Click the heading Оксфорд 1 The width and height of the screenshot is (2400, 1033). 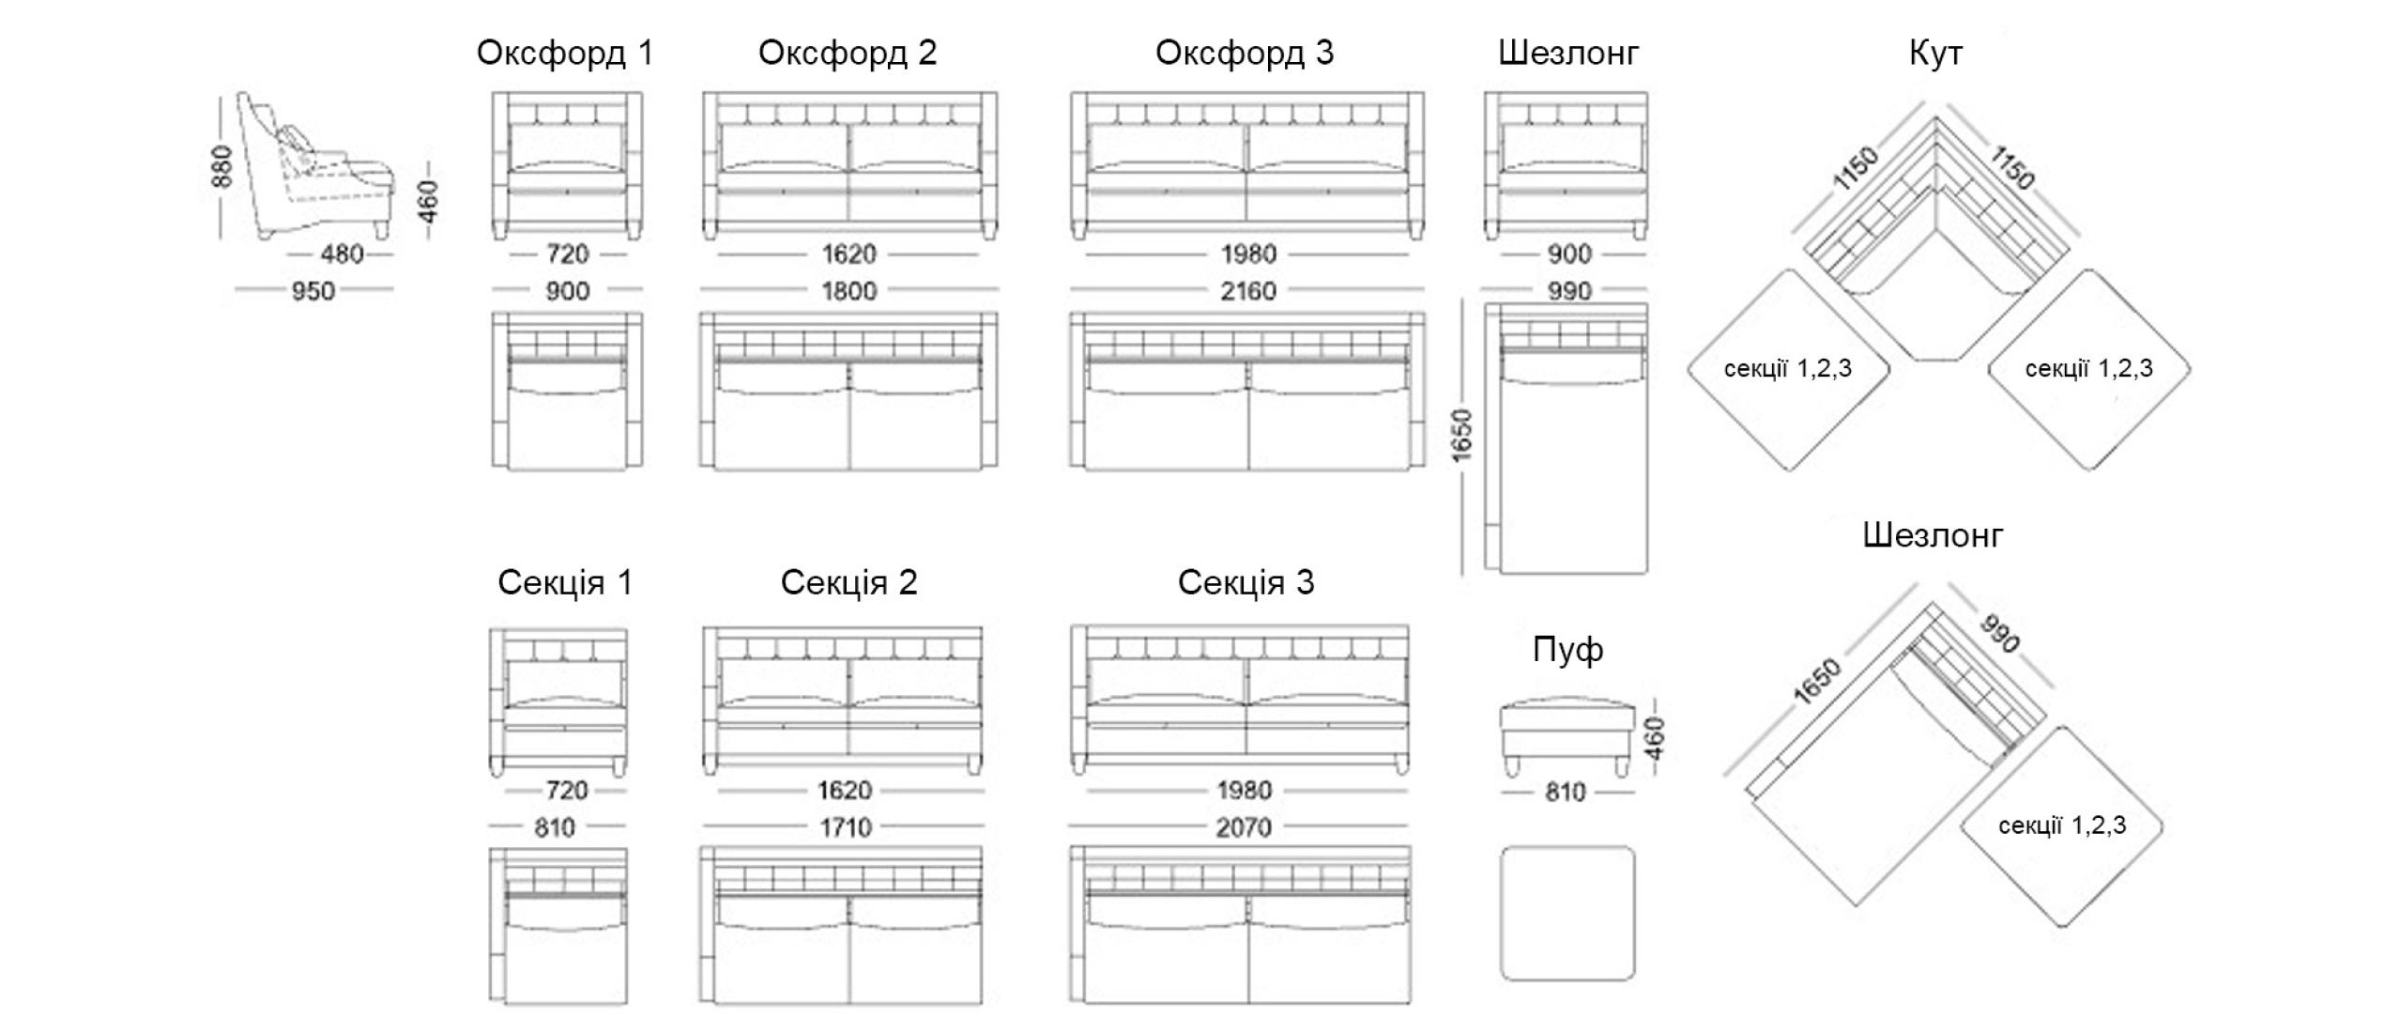(565, 53)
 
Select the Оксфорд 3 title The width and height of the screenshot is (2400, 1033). (1244, 53)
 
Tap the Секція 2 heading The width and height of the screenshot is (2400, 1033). (848, 582)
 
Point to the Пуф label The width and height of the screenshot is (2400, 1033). (1567, 650)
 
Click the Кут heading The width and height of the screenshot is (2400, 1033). (1935, 53)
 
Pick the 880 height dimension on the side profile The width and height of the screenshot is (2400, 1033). (222, 166)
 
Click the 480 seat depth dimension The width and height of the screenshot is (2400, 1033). (342, 254)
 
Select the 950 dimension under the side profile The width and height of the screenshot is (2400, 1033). (313, 291)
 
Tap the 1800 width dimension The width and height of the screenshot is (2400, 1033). (848, 291)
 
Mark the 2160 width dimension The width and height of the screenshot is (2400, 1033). (1247, 291)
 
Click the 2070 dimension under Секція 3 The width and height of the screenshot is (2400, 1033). (1244, 827)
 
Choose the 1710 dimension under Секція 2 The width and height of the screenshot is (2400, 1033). (845, 827)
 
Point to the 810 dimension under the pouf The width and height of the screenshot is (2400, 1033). (1565, 793)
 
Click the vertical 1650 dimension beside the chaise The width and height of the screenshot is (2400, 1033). (1461, 435)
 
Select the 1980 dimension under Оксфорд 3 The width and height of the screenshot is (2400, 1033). (1248, 254)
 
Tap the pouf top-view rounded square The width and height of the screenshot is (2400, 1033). (1567, 913)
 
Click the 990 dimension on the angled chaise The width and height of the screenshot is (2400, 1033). (1999, 634)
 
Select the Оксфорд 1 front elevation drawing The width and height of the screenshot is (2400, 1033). (567, 165)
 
